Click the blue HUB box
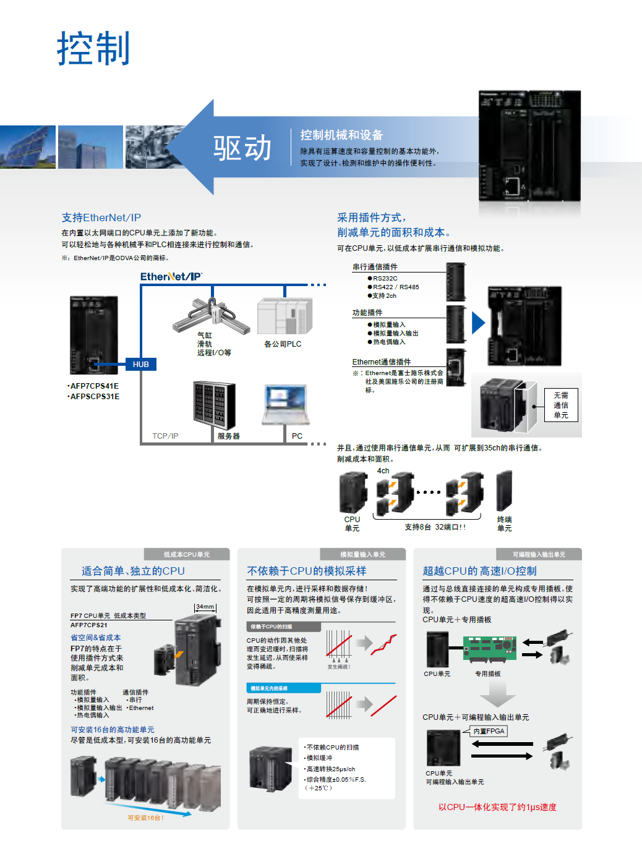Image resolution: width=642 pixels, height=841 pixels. coord(141,364)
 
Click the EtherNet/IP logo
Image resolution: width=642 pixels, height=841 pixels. coord(171,276)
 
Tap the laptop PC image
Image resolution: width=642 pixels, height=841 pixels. coord(285,405)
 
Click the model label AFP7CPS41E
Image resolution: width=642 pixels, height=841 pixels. coord(94,386)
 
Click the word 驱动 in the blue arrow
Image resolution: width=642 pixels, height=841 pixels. coord(242,148)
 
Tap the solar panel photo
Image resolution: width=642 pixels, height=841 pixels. coord(27,147)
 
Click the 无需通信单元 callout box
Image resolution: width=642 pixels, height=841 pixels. coord(561,405)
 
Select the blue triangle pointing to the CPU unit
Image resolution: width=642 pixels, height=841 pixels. coord(477,323)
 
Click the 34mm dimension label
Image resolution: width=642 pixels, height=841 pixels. coord(205,607)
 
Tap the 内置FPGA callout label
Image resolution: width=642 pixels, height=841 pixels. coord(489,731)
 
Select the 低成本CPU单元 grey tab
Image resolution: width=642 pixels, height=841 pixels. coord(187,554)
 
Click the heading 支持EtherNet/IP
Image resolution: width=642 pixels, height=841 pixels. coord(101,218)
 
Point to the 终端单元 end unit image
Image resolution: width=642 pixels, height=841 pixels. coord(504,491)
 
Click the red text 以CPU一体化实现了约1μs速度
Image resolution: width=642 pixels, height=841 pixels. coord(497,807)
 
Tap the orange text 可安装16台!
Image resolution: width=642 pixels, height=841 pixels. coord(146,818)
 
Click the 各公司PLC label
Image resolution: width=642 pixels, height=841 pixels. coord(283,344)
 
